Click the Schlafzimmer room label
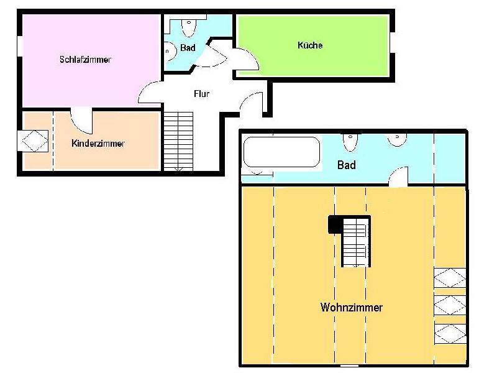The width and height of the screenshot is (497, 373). [x=85, y=60]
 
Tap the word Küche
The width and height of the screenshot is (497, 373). [x=310, y=45]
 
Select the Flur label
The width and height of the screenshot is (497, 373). [x=201, y=94]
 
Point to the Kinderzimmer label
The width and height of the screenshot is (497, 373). [x=98, y=144]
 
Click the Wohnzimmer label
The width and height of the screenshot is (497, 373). [x=351, y=307]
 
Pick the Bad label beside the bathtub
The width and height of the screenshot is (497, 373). [x=346, y=165]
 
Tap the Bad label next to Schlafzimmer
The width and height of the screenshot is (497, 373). [x=188, y=48]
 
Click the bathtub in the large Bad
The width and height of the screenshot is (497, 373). [x=281, y=152]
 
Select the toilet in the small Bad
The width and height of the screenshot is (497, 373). [x=189, y=27]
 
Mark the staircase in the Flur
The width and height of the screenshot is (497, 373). [x=178, y=141]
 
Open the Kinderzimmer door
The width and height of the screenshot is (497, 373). [x=81, y=118]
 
